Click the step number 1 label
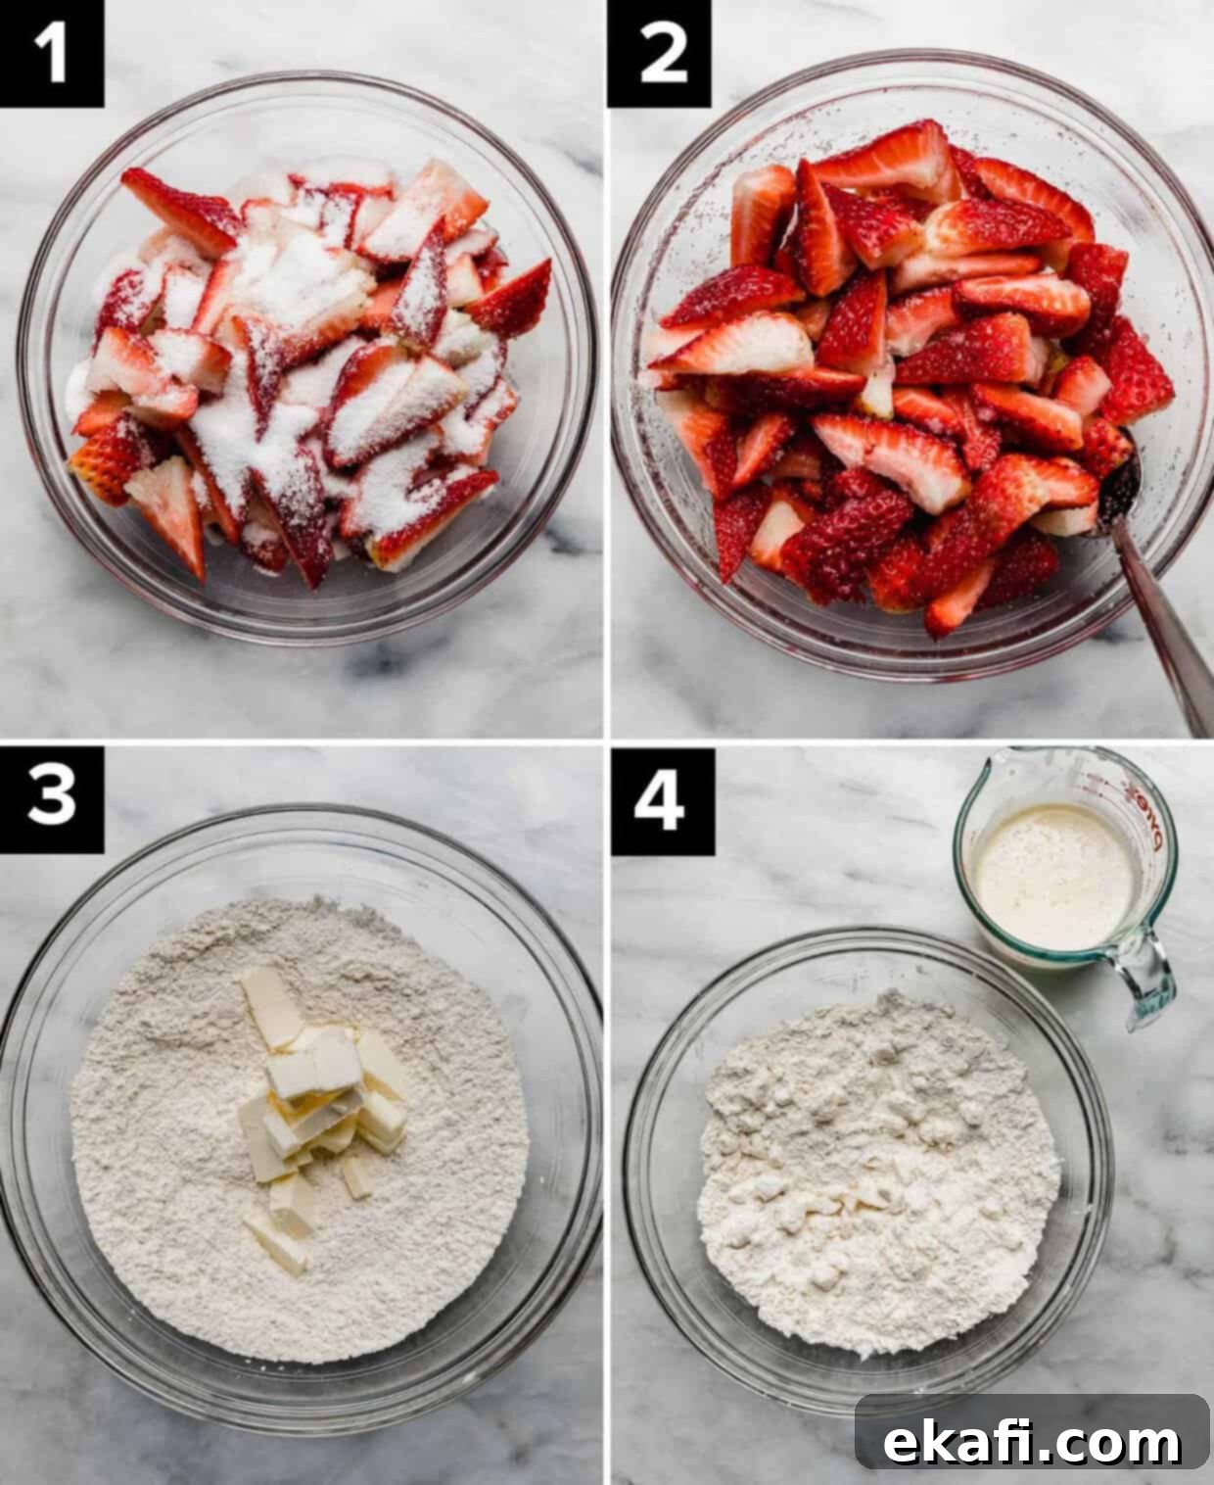point(51,53)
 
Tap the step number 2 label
point(660,53)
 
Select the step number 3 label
point(51,799)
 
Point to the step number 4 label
point(662,801)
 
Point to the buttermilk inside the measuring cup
point(1055,877)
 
